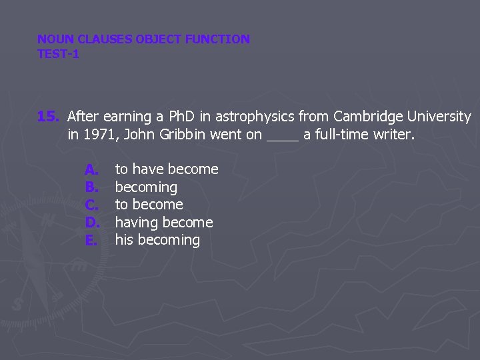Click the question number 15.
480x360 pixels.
(x=48, y=117)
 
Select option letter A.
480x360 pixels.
(x=92, y=169)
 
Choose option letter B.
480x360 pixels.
(x=92, y=187)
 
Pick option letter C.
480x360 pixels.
(x=92, y=205)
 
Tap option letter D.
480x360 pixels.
(x=92, y=223)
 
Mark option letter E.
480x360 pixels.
(x=91, y=240)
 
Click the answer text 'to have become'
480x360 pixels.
(x=167, y=169)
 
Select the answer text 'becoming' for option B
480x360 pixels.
(x=146, y=187)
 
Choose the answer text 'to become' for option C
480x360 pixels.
(x=149, y=205)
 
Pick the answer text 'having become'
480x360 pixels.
(x=164, y=223)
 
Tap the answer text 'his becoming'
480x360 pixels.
(x=157, y=240)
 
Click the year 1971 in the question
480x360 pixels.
(x=97, y=135)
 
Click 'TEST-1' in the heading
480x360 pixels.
(x=58, y=54)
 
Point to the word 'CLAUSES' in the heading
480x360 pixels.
(x=105, y=39)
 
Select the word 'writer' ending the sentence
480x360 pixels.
(x=395, y=135)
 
